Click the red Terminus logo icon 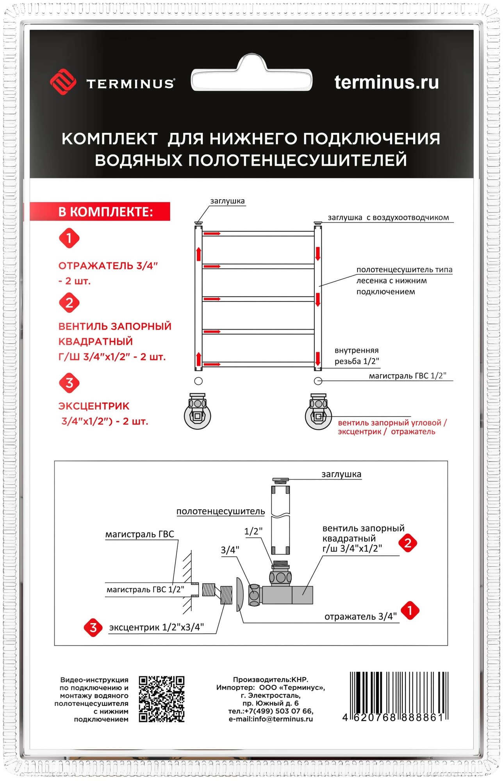pyautogui.click(x=63, y=82)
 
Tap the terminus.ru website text pyautogui.click(x=386, y=82)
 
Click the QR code pyautogui.click(x=162, y=699)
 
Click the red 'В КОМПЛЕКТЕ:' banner pyautogui.click(x=100, y=212)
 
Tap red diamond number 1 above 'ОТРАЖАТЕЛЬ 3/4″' pyautogui.click(x=69, y=238)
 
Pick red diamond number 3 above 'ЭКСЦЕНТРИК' pyautogui.click(x=69, y=383)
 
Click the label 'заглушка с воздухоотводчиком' pyautogui.click(x=388, y=218)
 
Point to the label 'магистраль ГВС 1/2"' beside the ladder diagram pyautogui.click(x=407, y=376)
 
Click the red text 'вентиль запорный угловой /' pyautogui.click(x=392, y=423)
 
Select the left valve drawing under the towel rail pyautogui.click(x=198, y=412)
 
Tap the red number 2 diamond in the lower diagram pyautogui.click(x=408, y=543)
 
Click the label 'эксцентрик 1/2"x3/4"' pyautogui.click(x=156, y=628)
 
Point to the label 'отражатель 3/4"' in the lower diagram pyautogui.click(x=360, y=617)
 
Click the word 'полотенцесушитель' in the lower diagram pyautogui.click(x=221, y=511)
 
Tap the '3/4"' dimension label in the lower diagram pyautogui.click(x=230, y=550)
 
